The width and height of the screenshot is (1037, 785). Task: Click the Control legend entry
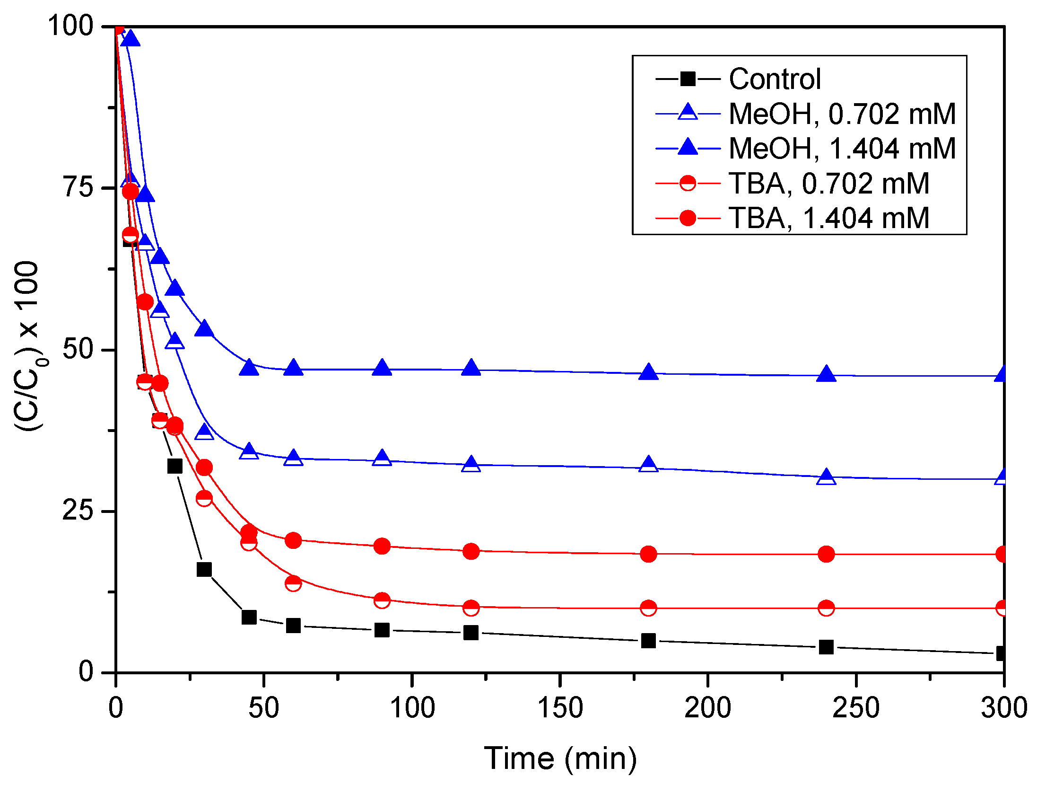pyautogui.click(x=775, y=79)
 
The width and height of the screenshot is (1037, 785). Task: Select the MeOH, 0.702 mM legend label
pyautogui.click(x=842, y=114)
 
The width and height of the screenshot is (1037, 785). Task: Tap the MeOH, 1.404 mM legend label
pyautogui.click(x=842, y=149)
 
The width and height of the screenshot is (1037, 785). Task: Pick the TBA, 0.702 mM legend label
pyautogui.click(x=828, y=184)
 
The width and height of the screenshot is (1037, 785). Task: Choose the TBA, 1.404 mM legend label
pyautogui.click(x=828, y=218)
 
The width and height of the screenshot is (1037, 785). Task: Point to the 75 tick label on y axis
pyautogui.click(x=78, y=187)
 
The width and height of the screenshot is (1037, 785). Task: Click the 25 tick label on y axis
pyautogui.click(x=78, y=511)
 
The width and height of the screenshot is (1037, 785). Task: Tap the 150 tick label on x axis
pyautogui.click(x=560, y=708)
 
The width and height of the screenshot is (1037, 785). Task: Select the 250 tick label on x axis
pyautogui.click(x=855, y=708)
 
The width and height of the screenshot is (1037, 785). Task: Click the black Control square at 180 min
pyautogui.click(x=648, y=641)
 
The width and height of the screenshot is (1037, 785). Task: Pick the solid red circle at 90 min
pyautogui.click(x=382, y=546)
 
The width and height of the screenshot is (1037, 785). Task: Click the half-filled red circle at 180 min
pyautogui.click(x=648, y=608)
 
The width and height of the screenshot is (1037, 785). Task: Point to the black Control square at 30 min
pyautogui.click(x=204, y=569)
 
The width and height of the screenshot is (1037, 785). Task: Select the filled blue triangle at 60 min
pyautogui.click(x=293, y=368)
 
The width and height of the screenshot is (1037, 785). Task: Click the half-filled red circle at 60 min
pyautogui.click(x=293, y=583)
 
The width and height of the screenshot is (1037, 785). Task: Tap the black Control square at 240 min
pyautogui.click(x=826, y=647)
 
